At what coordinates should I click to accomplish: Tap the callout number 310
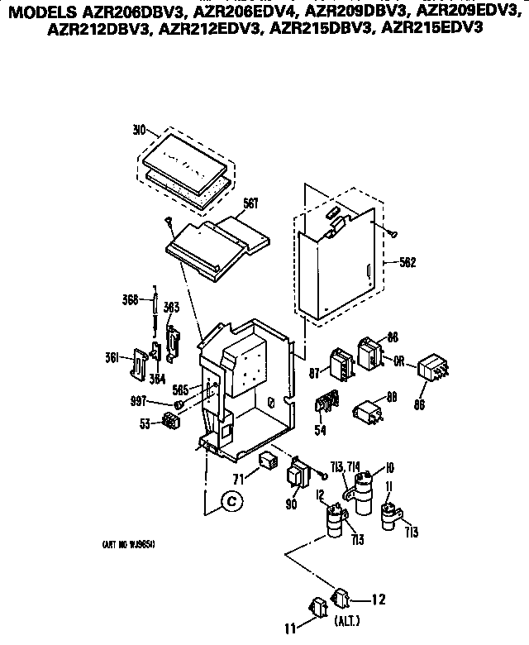tap(139, 131)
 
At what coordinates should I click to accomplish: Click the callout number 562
tap(406, 263)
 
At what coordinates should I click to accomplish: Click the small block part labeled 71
tap(267, 460)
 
